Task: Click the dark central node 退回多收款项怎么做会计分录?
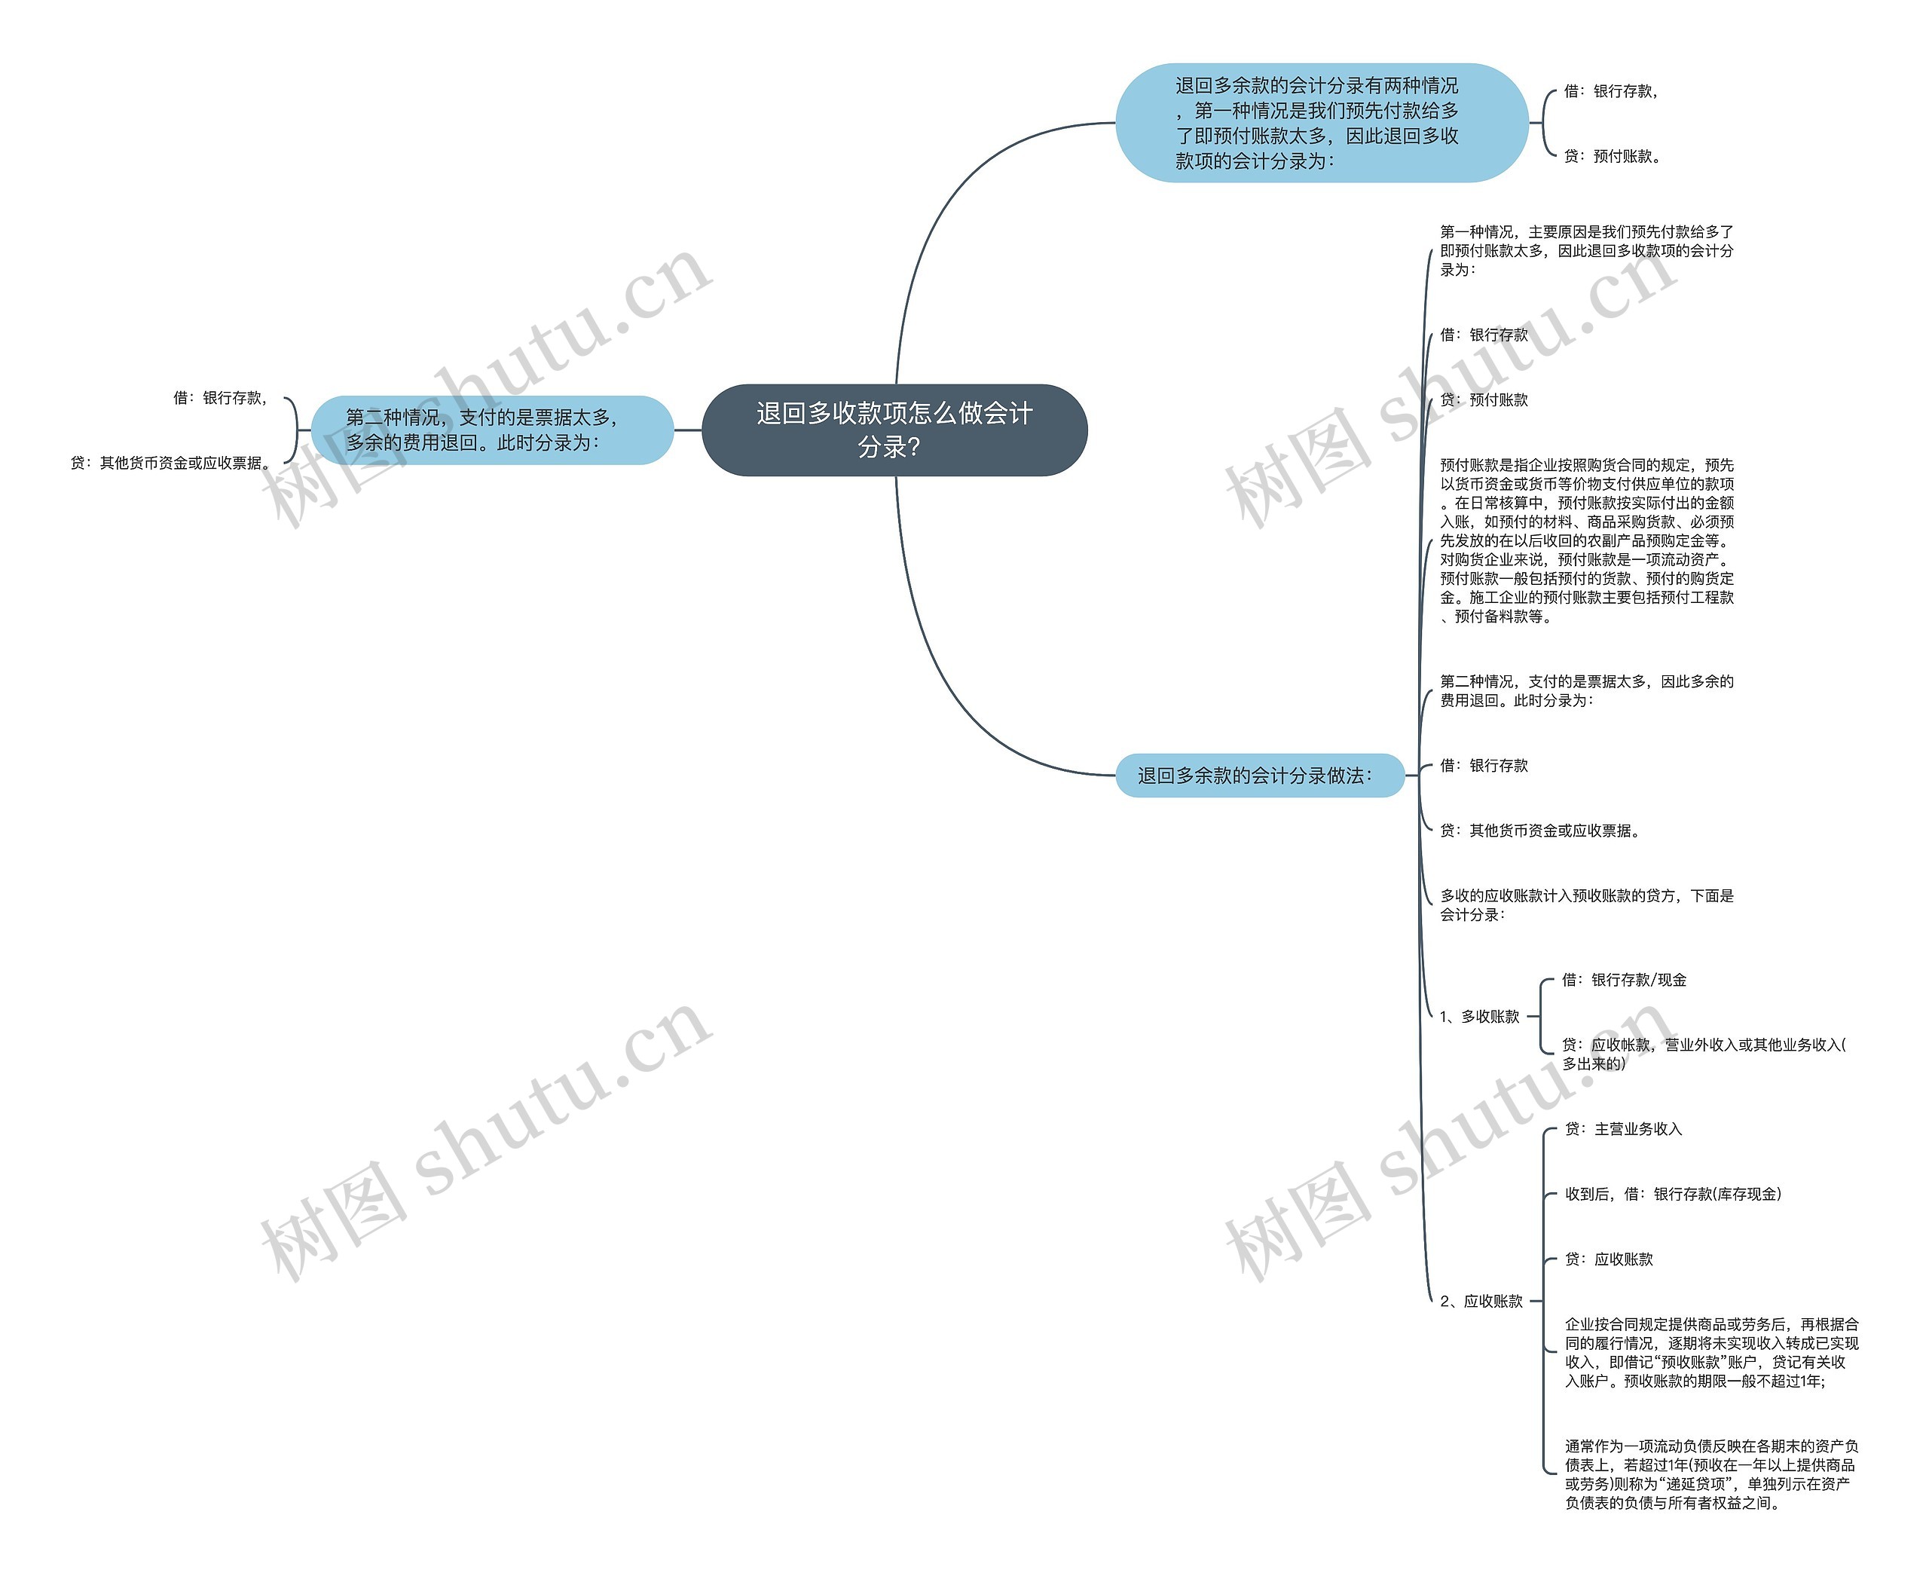[x=894, y=430]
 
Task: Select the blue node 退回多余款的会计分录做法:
[x=1258, y=776]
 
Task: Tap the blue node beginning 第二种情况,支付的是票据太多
[x=491, y=430]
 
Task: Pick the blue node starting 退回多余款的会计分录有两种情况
[x=1320, y=123]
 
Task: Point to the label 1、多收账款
[x=1479, y=1016]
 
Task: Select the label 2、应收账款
[x=1481, y=1302]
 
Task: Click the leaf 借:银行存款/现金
[x=1624, y=980]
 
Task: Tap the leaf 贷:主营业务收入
[x=1623, y=1129]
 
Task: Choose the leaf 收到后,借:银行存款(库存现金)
[x=1672, y=1194]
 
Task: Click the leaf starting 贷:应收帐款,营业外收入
[x=1702, y=1054]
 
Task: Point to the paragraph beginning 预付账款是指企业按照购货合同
[x=1586, y=540]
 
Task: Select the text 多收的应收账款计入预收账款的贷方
[x=1586, y=905]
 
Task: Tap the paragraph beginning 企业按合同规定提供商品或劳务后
[x=1711, y=1352]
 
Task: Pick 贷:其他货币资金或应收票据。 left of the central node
[x=170, y=463]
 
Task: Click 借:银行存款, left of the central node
[x=219, y=397]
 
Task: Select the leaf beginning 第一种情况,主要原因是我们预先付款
[x=1586, y=251]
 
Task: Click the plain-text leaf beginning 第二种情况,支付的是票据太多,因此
[x=1586, y=690]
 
